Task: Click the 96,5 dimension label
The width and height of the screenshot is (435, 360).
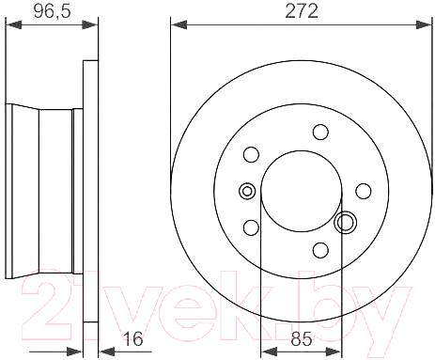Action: click(x=53, y=11)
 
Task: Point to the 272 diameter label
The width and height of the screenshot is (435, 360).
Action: click(x=302, y=11)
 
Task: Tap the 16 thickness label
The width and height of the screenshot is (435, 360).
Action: click(x=133, y=338)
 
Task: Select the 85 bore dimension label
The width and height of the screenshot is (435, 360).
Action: click(x=302, y=338)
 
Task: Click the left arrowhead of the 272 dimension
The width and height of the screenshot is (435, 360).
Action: click(x=179, y=24)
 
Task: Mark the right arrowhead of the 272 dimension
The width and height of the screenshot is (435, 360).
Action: click(x=424, y=24)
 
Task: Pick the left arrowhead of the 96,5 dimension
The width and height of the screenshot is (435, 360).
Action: click(x=14, y=24)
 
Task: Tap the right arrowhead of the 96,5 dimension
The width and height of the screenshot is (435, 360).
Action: click(x=90, y=24)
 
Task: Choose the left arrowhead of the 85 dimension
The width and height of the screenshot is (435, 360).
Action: click(x=269, y=352)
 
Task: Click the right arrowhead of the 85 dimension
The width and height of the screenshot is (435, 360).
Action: click(x=334, y=352)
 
